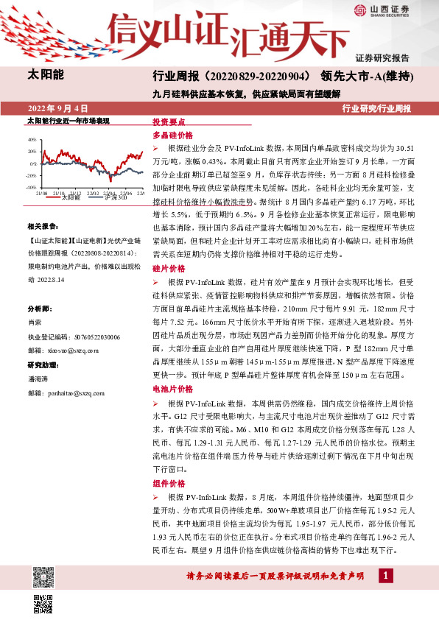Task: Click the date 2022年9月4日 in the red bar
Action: [57, 108]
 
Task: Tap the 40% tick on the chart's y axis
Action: [32, 139]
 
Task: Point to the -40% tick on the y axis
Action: [32, 188]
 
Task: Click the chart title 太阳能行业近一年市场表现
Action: [68, 120]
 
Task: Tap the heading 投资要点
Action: [169, 122]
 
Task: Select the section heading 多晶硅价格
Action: [172, 135]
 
